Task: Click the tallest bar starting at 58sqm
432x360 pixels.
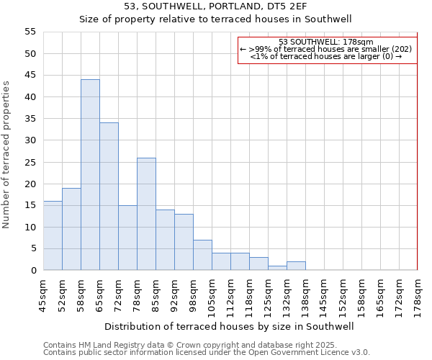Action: (x=90, y=175)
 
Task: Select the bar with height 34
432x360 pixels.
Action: (x=109, y=197)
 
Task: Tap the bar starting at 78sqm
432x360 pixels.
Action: (x=146, y=214)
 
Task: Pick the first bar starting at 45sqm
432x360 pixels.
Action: (x=53, y=235)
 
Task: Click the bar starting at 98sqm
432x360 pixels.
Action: (x=202, y=255)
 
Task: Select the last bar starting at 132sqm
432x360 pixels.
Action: (x=296, y=266)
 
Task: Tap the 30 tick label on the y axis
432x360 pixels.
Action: (x=30, y=140)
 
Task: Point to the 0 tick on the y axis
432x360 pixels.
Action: (x=33, y=271)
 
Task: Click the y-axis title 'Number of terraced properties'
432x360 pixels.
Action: (x=7, y=155)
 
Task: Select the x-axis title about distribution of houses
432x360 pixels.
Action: (x=229, y=326)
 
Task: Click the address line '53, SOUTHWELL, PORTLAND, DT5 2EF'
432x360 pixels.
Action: (x=215, y=6)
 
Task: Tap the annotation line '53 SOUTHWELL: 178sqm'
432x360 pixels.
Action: (x=325, y=42)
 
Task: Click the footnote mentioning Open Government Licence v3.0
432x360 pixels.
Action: (x=207, y=353)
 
